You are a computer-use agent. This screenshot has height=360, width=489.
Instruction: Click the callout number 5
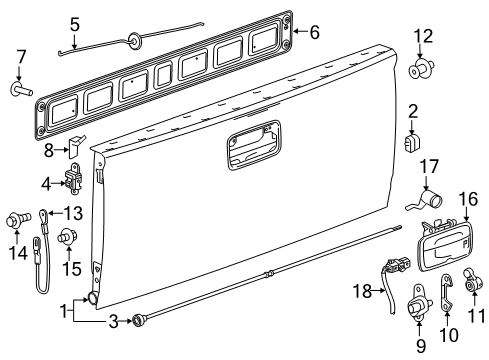click(x=75, y=21)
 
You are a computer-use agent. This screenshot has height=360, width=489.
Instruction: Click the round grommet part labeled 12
click(x=420, y=71)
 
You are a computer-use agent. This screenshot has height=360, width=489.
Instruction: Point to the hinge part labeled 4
click(x=72, y=182)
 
